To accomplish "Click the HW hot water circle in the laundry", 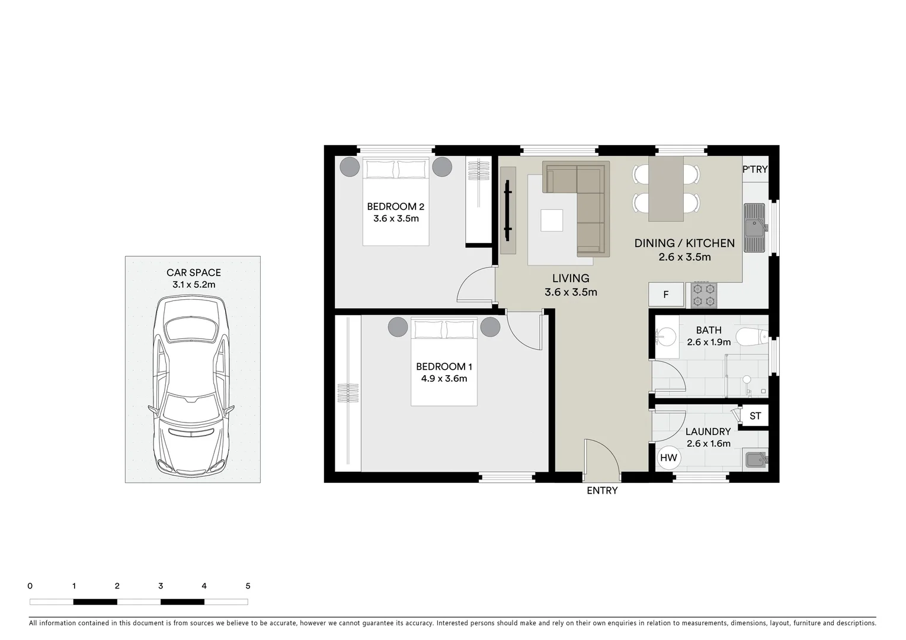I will coord(668,457).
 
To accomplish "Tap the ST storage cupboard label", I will coord(755,416).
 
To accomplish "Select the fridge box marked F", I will coord(665,295).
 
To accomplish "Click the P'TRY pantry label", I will coord(754,169).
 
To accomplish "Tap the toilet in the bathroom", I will coord(751,337).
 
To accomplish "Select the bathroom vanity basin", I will coord(666,337).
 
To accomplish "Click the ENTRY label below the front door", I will coord(602,491).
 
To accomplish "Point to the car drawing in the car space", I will coord(191,385).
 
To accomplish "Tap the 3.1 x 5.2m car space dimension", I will coord(194,285).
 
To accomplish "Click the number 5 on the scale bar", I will coord(248,586).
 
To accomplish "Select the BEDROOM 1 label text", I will coord(444,367).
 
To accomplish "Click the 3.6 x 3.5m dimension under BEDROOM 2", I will coord(396,219).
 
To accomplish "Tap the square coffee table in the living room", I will coord(552,220).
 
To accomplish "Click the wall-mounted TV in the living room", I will coord(507,208).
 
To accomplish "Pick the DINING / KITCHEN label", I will coord(684,243).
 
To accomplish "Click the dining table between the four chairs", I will coord(666,188).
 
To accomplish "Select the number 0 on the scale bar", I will coord(30,586).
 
